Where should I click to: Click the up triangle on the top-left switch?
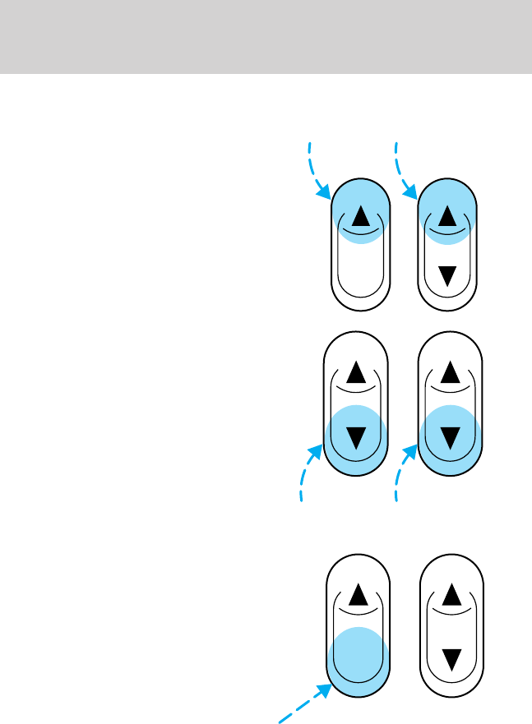359,216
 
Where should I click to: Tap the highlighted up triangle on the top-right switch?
447,216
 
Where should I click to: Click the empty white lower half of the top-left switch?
359,271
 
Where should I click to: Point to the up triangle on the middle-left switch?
356,374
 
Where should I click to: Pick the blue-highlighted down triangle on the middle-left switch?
356,436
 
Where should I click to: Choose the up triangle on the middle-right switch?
450,374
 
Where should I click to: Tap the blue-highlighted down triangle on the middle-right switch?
450,436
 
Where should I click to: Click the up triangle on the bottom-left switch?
356,593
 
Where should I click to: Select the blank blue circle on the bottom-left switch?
356,657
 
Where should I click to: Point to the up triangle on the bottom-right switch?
450,593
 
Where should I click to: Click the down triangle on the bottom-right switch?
450,657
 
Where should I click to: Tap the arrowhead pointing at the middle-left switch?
317,452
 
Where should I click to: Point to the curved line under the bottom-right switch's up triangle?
450,611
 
